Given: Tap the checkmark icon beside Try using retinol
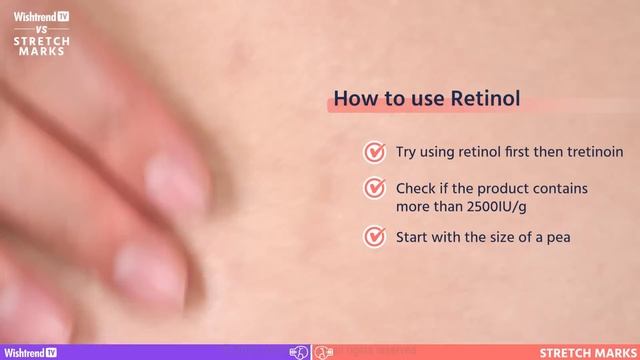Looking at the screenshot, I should tap(375, 152).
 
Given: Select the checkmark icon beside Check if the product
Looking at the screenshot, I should tap(375, 188).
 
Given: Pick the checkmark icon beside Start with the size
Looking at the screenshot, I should tap(375, 237).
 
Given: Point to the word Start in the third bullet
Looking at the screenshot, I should tap(413, 238).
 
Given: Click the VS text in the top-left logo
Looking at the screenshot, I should tap(42, 29).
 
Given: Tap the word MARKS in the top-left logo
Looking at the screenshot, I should tap(42, 52).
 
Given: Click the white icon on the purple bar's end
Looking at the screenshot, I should tap(298, 352).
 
